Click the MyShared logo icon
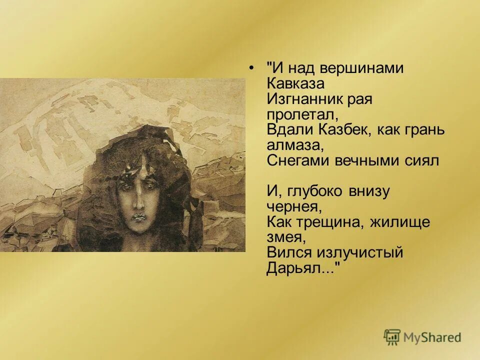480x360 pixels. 392,337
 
